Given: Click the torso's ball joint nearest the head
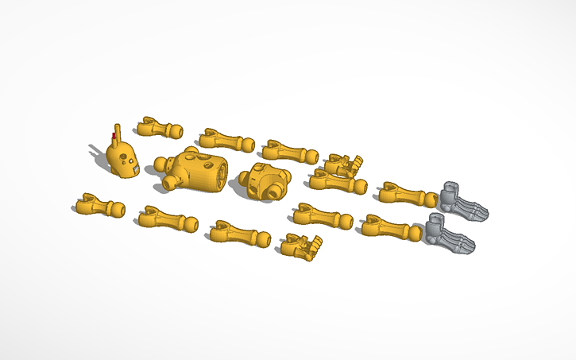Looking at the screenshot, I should coord(161,165).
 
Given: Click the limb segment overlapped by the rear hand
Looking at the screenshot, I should coord(337,182).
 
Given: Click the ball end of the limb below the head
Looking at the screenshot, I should coord(116,211).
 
